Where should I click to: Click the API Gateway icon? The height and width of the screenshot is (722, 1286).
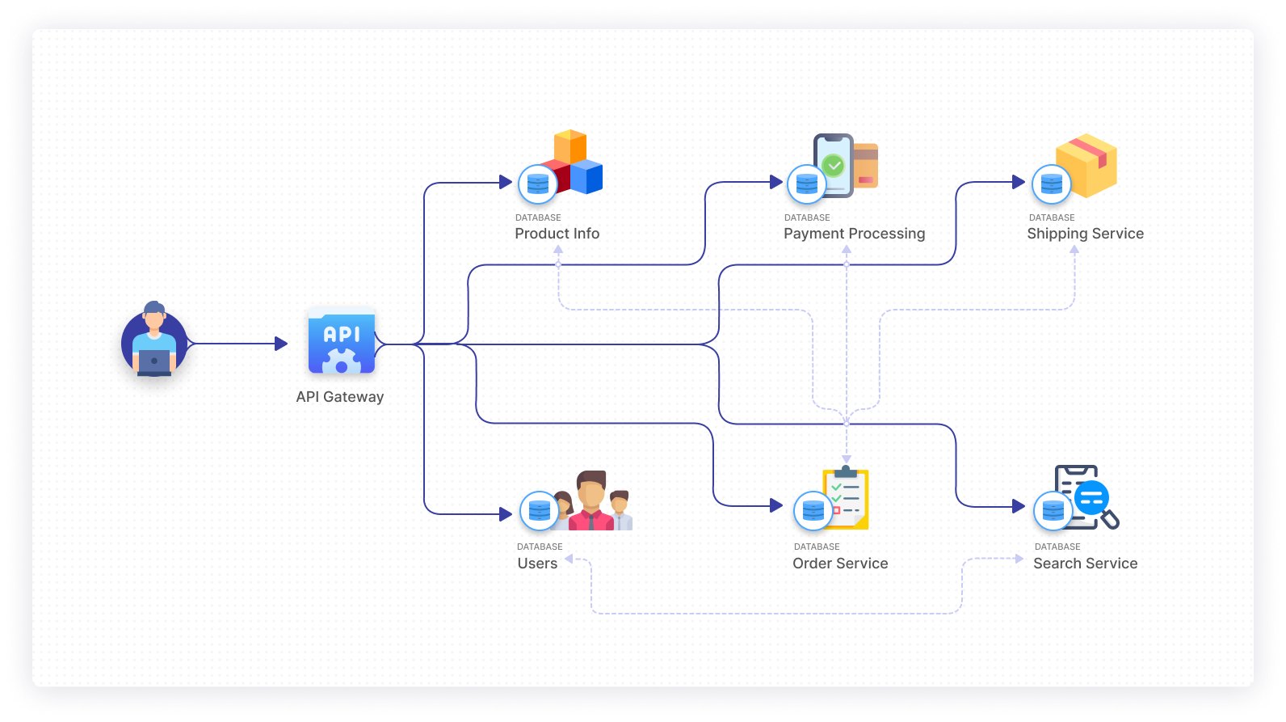point(342,343)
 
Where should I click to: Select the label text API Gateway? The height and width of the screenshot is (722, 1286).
point(339,397)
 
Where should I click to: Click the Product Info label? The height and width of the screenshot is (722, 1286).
point(557,234)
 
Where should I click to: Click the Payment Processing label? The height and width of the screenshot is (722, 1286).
point(854,234)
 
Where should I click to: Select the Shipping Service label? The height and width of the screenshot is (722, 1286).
point(1085,234)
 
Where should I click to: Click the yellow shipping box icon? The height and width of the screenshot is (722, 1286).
point(1087,164)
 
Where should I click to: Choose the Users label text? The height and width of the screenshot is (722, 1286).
point(537,564)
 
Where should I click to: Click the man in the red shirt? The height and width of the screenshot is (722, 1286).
point(591,501)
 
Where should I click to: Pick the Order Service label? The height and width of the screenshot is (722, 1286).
point(840,564)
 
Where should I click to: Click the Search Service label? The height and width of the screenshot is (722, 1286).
point(1085,564)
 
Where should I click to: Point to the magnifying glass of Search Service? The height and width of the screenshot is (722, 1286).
point(1108,518)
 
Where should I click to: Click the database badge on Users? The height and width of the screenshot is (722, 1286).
point(539,511)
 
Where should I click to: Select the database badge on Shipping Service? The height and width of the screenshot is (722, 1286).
point(1051,184)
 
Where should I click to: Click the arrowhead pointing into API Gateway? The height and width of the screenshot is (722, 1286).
point(281,344)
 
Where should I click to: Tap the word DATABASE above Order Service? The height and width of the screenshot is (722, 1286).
point(817,547)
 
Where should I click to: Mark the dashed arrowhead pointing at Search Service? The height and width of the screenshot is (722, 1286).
point(1019,559)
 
